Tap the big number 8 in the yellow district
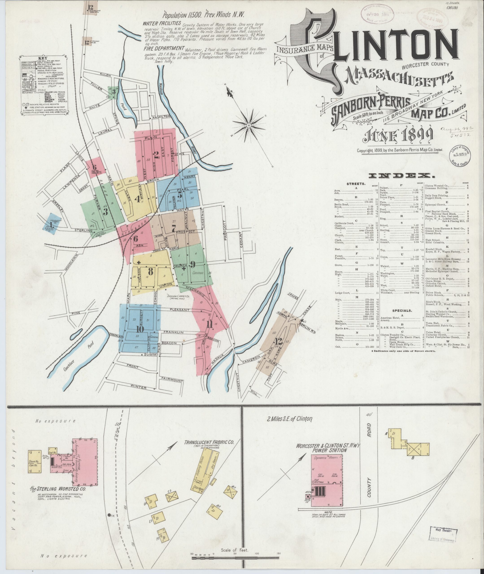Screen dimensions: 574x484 pos(150,271)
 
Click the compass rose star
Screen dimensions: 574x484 pos(249,125)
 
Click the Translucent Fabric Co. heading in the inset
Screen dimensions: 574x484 pos(209,442)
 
